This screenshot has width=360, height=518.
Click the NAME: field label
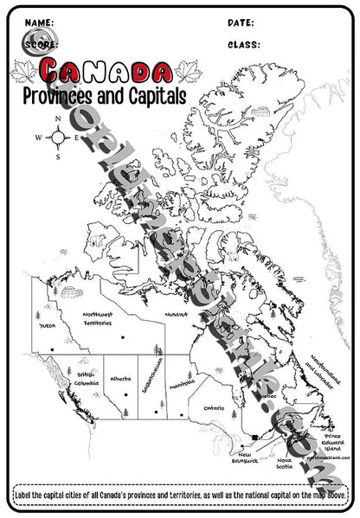point(40,21)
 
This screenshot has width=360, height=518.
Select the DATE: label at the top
point(241,21)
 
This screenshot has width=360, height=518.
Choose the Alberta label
point(121,379)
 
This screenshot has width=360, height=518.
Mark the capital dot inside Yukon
point(52,349)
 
